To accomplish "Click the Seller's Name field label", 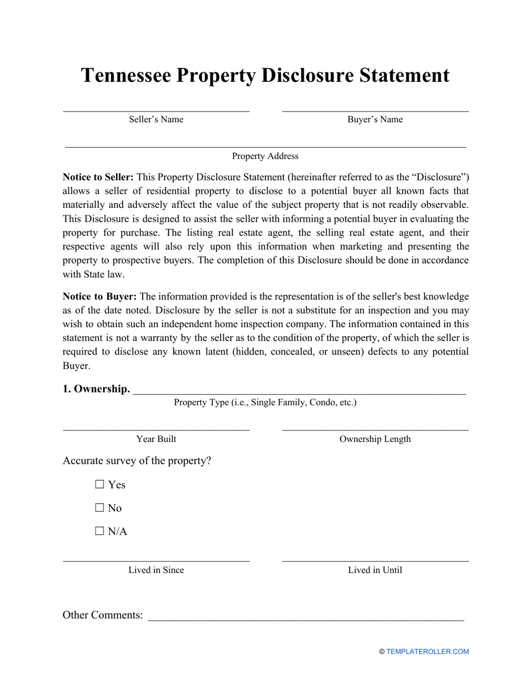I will click(x=156, y=119).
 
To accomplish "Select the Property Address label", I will click(x=265, y=156).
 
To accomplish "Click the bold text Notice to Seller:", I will click(x=98, y=177).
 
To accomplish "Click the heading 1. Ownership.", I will click(x=96, y=389).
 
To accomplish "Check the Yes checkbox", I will click(x=100, y=485).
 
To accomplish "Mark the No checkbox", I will click(x=100, y=508).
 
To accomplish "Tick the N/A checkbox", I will click(x=100, y=532).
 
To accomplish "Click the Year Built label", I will click(x=156, y=439).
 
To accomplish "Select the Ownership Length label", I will click(x=375, y=439).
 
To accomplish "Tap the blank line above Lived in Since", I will click(x=156, y=561).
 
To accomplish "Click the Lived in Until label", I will click(x=375, y=570).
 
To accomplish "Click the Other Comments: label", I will click(x=103, y=615).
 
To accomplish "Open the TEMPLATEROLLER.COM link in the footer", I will click(x=427, y=651).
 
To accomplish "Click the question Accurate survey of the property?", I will click(x=137, y=461).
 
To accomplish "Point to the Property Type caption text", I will click(x=265, y=402).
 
